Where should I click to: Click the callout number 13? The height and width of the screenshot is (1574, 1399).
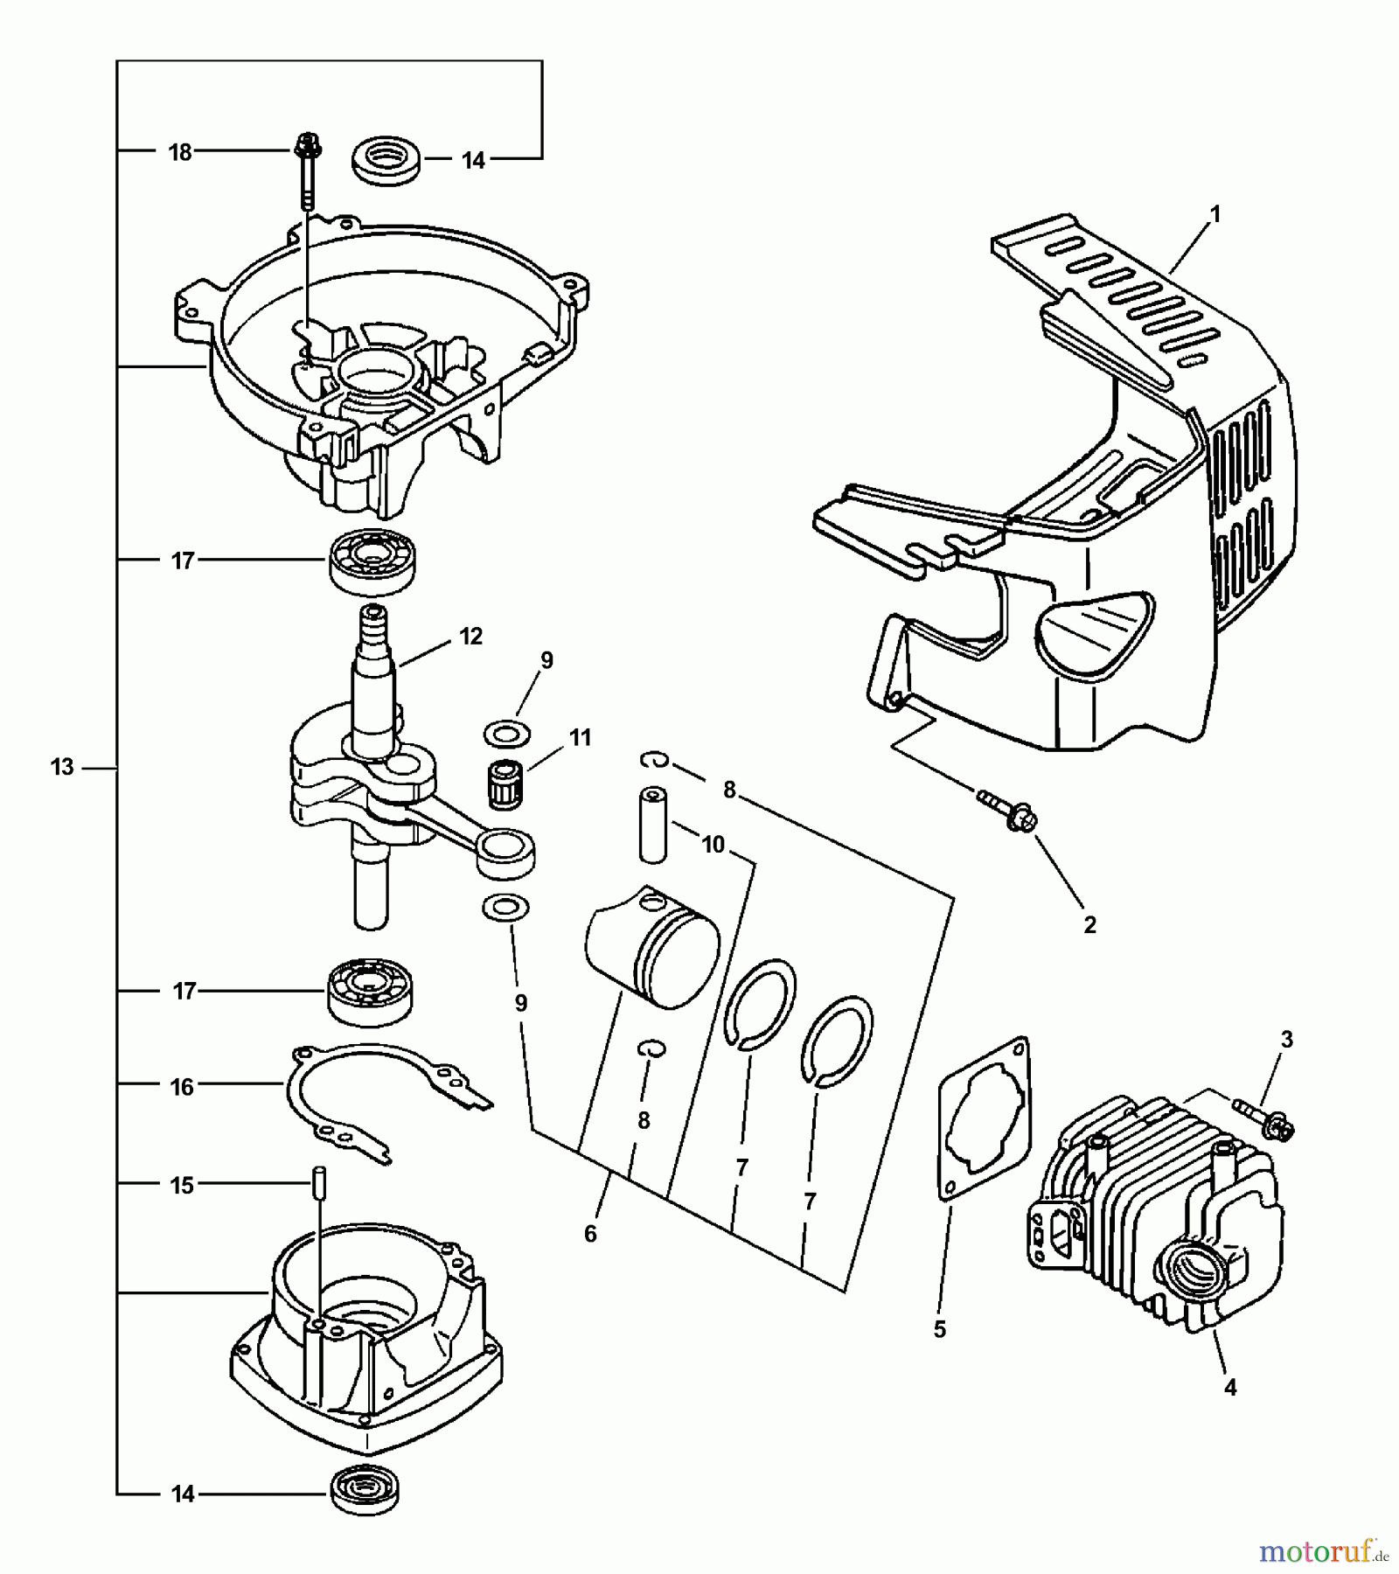coord(62,768)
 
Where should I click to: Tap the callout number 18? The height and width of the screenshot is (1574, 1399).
coord(180,152)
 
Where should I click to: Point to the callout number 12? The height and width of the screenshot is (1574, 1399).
coord(470,637)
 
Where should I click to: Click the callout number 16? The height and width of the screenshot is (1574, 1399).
coord(182,1087)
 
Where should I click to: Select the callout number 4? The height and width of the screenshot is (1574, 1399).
coord(1230,1387)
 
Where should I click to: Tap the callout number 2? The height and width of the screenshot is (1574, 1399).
coord(1089,924)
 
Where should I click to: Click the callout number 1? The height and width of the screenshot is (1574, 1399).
coord(1215,213)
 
